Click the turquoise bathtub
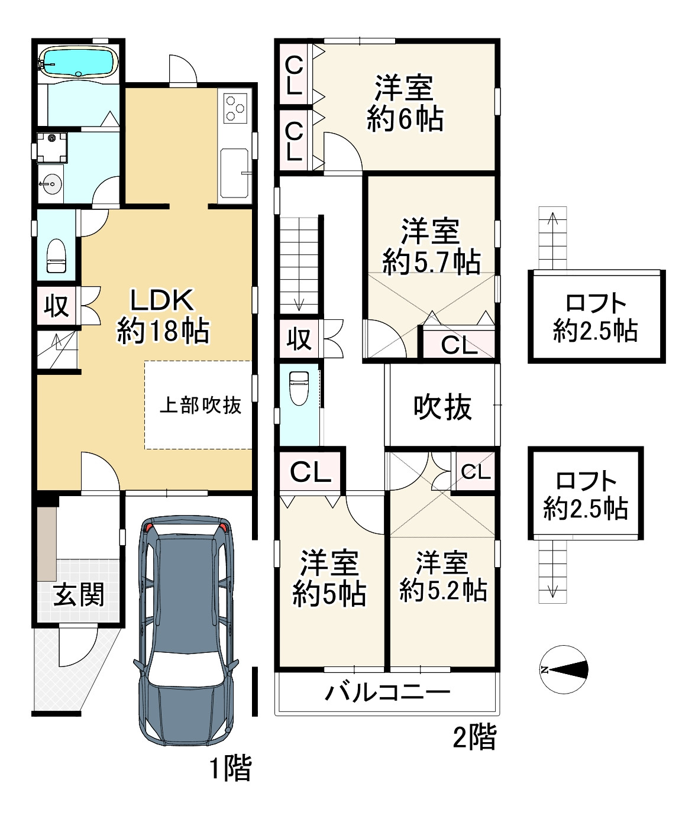point(79,62)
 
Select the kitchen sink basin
point(234,173)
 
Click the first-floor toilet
point(56,255)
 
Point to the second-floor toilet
point(299,388)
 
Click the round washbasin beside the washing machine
point(51,184)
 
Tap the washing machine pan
point(52,148)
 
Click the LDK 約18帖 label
point(163,316)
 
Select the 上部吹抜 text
point(201,405)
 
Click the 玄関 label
point(79,594)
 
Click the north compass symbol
point(564,669)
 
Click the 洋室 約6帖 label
point(405,103)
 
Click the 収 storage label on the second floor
point(299,339)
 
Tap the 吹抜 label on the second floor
point(442,406)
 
